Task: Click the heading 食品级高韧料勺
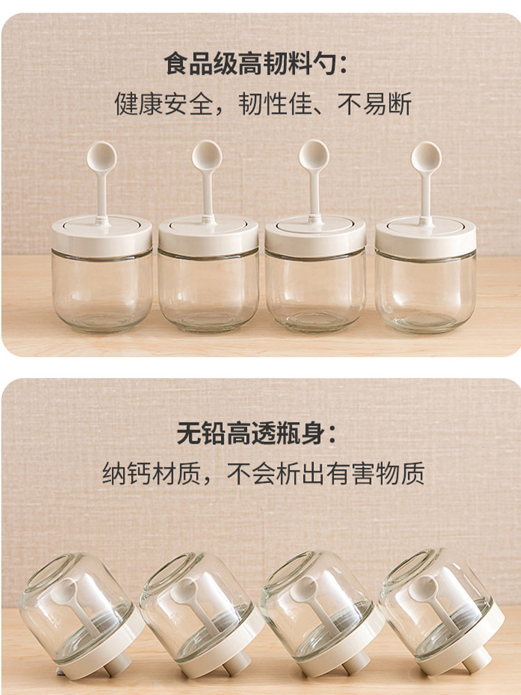250,64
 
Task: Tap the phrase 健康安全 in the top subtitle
164,104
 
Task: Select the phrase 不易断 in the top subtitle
374,104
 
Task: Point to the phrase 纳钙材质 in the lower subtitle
151,473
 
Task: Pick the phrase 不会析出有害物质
326,473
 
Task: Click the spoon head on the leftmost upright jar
101,156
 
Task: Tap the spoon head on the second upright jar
207,156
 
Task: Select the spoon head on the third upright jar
314,155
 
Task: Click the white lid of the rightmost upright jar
426,236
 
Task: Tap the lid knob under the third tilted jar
355,663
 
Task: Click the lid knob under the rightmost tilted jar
477,660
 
